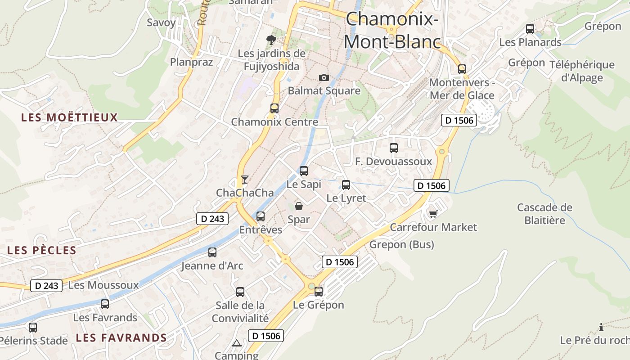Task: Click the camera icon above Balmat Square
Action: [x=324, y=78]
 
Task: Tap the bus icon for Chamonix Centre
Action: [x=274, y=108]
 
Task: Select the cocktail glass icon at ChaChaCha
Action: [x=244, y=180]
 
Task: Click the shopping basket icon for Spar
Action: [x=299, y=206]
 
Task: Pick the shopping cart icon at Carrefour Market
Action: [x=433, y=214]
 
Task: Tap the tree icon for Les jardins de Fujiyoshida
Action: [x=271, y=40]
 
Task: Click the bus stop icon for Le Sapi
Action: [x=304, y=171]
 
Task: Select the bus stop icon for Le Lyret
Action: [x=346, y=185]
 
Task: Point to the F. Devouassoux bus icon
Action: [x=394, y=148]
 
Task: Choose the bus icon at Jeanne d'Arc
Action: [x=212, y=252]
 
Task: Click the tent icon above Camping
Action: [x=237, y=343]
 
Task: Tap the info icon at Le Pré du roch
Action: [x=601, y=327]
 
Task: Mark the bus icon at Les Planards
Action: [x=530, y=29]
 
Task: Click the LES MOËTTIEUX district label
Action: [x=69, y=118]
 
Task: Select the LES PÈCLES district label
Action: [x=42, y=251]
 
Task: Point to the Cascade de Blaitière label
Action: [x=544, y=214]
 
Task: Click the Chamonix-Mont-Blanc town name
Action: [x=392, y=30]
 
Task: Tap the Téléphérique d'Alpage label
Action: [x=582, y=71]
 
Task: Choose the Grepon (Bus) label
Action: [x=401, y=245]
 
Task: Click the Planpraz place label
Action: [x=191, y=62]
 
